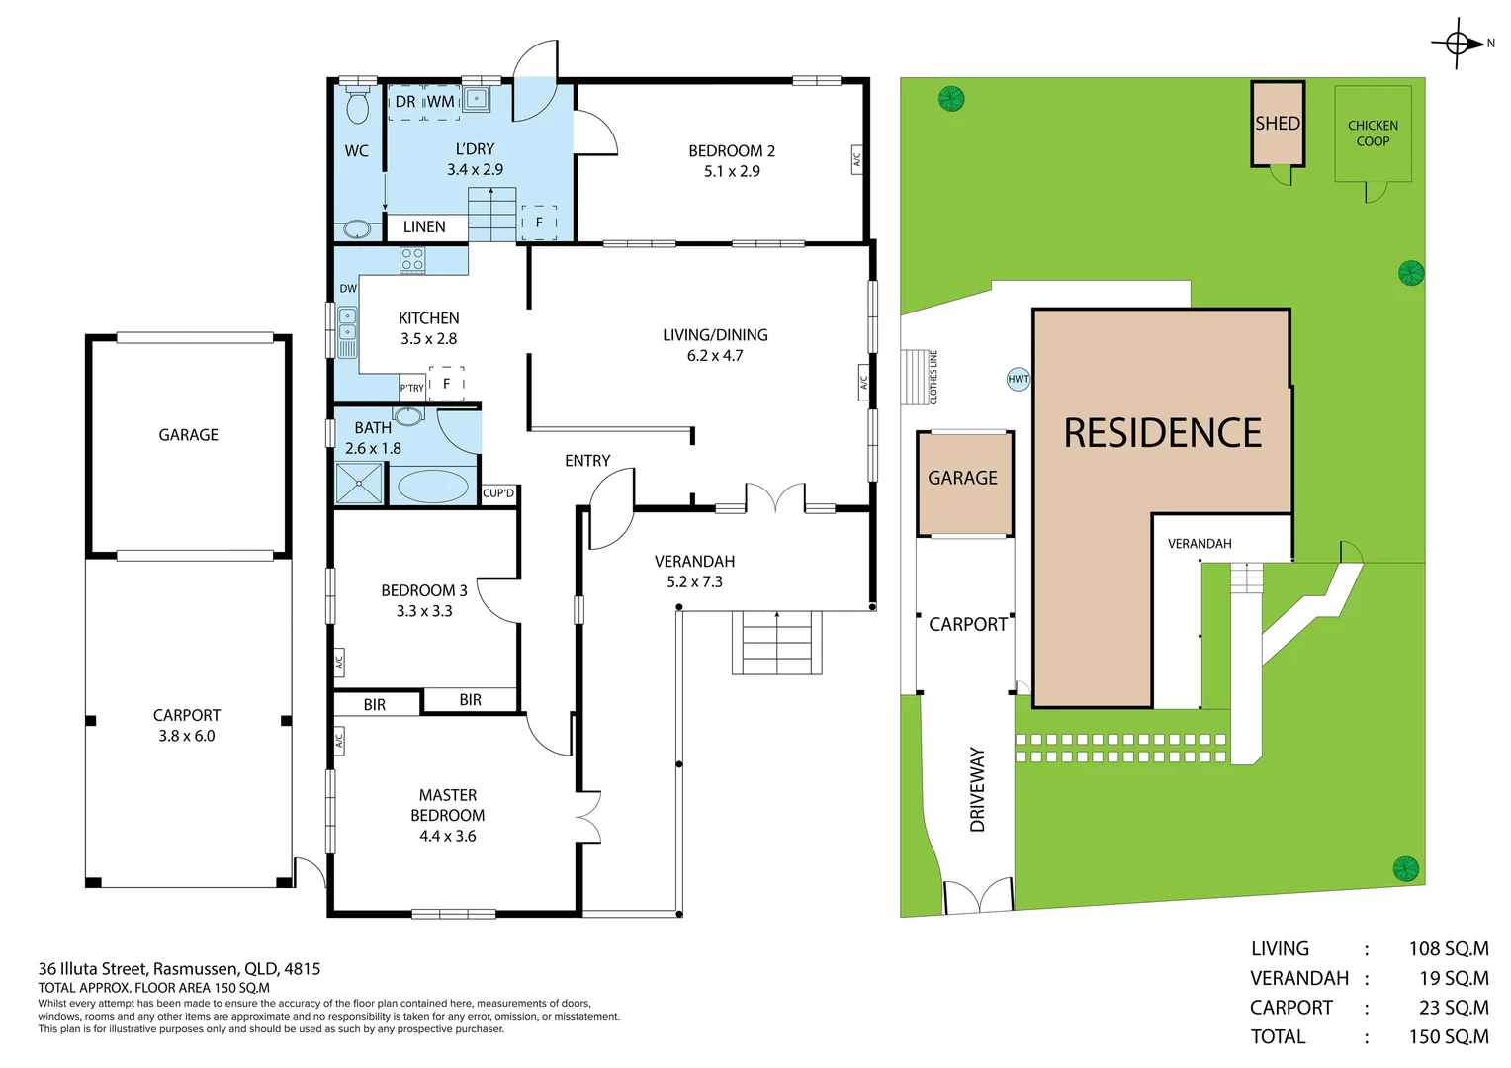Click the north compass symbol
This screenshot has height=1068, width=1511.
(1457, 44)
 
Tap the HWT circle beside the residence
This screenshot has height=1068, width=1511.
(1018, 379)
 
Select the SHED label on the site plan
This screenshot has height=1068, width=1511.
(1278, 124)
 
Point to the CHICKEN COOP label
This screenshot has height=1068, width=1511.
(1373, 133)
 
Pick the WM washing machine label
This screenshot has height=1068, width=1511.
(441, 102)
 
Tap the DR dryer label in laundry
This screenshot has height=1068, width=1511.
(405, 102)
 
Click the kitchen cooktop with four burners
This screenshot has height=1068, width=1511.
(412, 260)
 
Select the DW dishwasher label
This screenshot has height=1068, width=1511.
(348, 289)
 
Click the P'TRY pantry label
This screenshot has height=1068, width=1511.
(412, 388)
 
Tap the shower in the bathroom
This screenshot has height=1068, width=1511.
(359, 483)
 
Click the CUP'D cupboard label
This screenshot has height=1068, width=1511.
(498, 493)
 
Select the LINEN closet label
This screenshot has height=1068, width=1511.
(424, 227)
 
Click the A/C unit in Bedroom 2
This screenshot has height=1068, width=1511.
(856, 160)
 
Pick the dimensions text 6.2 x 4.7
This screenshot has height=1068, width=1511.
(715, 356)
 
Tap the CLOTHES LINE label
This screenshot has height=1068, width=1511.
(933, 377)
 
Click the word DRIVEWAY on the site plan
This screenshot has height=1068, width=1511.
(977, 789)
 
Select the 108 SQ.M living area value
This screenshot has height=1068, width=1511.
(1449, 949)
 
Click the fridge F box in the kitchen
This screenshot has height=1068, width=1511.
(447, 384)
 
